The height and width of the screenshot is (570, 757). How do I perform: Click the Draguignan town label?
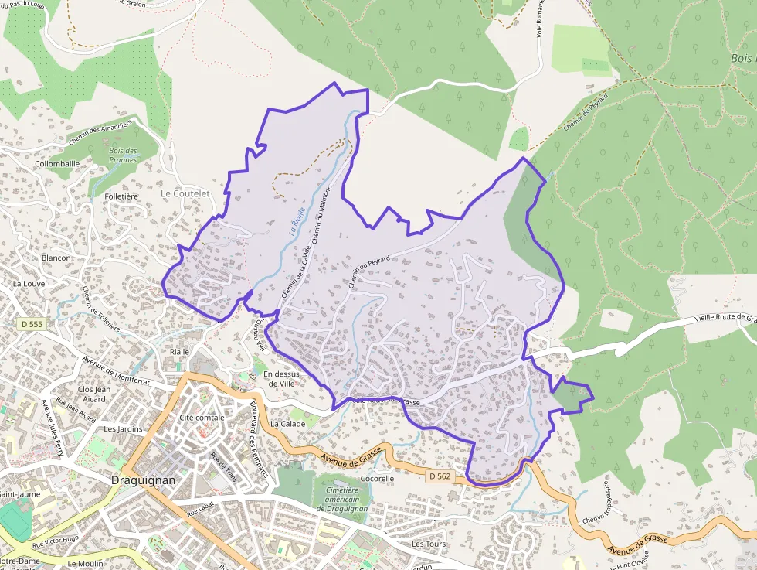point(144,480)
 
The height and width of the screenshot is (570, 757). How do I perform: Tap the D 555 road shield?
point(32,324)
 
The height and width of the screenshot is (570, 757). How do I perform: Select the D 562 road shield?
point(440,476)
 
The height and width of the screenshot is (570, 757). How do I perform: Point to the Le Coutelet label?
point(185,193)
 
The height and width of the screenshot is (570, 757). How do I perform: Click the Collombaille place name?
point(57,164)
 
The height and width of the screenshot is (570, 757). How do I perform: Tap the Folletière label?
point(121,196)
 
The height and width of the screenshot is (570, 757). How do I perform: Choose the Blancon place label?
point(56,258)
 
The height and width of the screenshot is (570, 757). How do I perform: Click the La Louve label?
point(28,284)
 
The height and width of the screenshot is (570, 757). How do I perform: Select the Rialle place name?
point(179,351)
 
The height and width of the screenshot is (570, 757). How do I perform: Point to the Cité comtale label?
point(202,418)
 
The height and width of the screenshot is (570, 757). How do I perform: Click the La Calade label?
point(288,424)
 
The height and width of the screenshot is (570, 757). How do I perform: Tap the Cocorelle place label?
point(378,479)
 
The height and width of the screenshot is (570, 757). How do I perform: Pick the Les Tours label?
point(429,544)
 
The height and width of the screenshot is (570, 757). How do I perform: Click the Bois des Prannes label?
point(124,155)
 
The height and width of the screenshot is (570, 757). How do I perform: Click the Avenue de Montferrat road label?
point(117,370)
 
